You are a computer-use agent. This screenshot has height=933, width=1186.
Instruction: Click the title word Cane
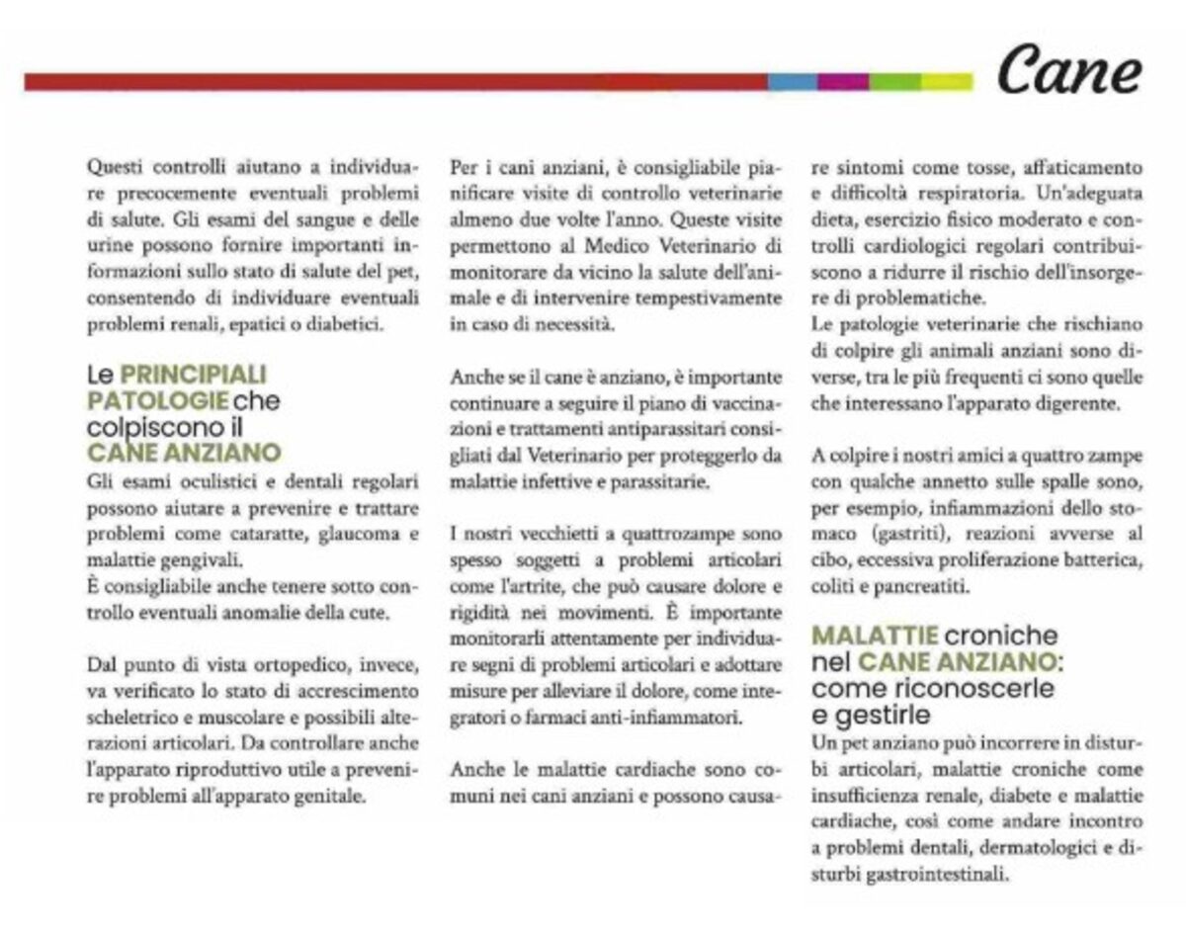1068,71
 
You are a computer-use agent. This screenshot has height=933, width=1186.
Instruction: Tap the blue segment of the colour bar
793,81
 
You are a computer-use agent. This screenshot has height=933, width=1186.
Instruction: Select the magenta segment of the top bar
843,81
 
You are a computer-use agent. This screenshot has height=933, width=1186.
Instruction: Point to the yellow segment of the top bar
946,81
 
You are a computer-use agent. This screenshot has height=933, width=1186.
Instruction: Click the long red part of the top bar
395,81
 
